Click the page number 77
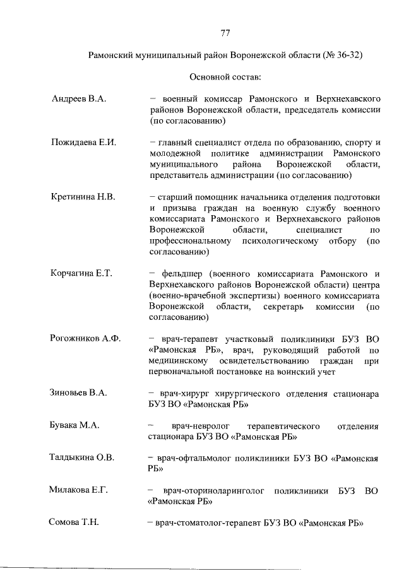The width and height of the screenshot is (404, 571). pos(225,33)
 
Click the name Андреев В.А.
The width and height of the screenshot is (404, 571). pos(79,99)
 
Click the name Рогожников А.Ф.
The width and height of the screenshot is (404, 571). pos(85,338)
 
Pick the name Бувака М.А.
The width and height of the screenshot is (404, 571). pos(75,426)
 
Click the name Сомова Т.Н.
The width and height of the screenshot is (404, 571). pos(74,523)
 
